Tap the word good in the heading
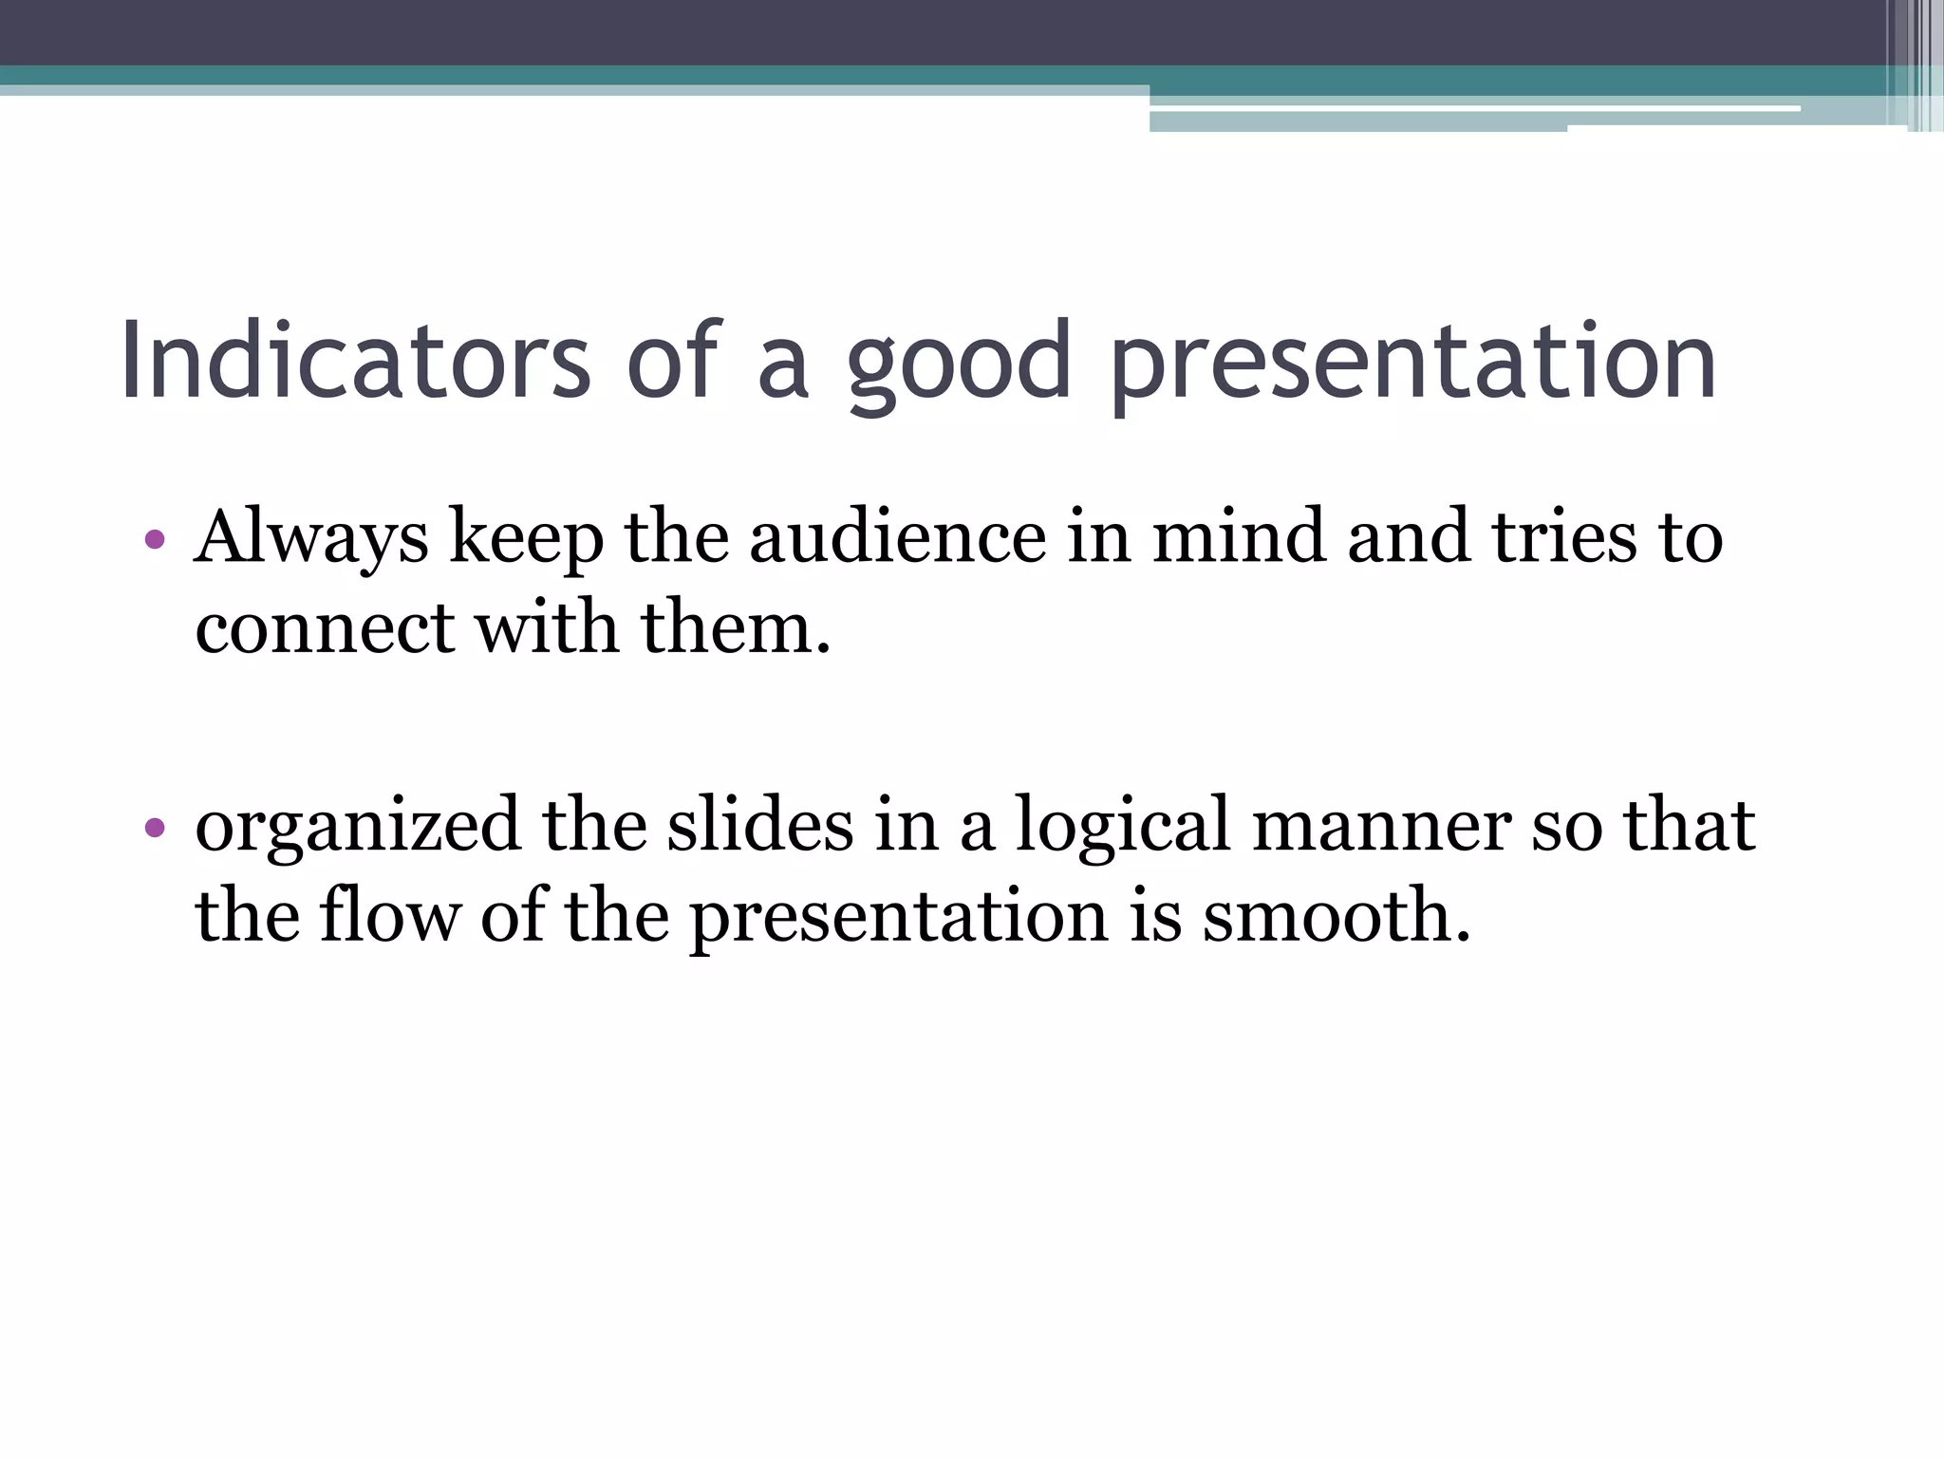click(x=959, y=365)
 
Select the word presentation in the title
click(x=1412, y=365)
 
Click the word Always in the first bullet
click(x=311, y=538)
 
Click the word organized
click(x=358, y=827)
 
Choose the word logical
click(x=1122, y=827)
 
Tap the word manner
click(x=1381, y=826)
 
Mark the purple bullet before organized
click(x=155, y=829)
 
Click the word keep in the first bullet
click(x=526, y=538)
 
